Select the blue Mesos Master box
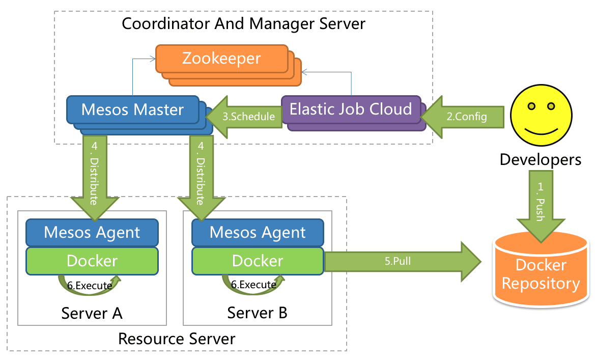132,109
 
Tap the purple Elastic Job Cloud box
351,109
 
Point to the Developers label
540,159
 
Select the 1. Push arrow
540,204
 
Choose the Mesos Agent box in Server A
92,233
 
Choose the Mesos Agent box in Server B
258,233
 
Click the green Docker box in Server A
92,261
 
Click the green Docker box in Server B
258,261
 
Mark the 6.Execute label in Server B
253,285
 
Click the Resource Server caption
177,339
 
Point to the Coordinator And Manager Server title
243,23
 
